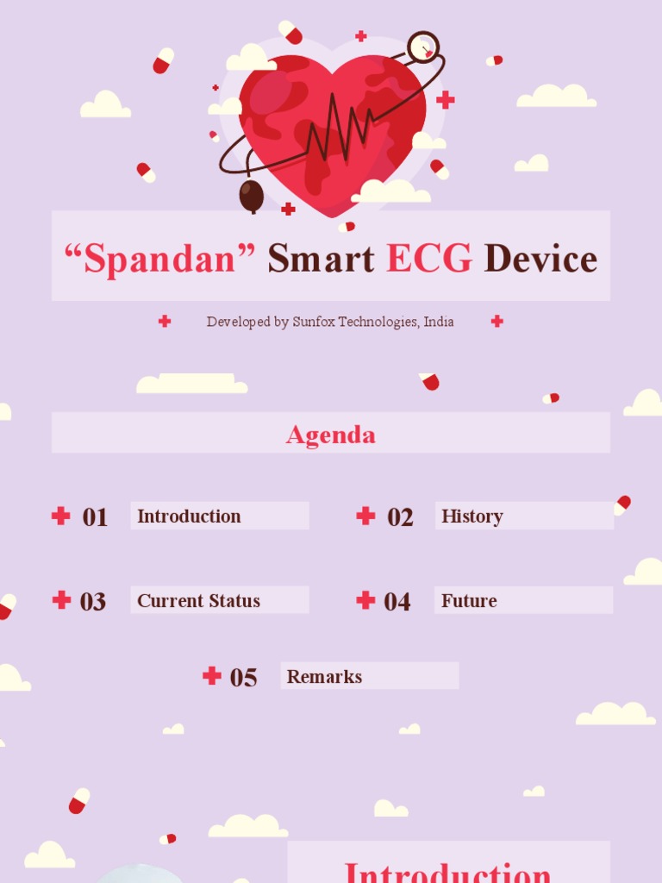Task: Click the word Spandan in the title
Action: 160,259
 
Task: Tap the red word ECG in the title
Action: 429,259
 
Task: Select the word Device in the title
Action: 540,259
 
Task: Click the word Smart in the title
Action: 321,259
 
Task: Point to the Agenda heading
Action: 331,434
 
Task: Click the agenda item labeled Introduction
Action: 189,517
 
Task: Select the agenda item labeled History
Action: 472,517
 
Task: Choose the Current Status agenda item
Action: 198,601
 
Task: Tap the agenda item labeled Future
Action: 469,601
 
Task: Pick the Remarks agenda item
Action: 324,677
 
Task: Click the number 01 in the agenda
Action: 95,517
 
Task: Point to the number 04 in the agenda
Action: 397,602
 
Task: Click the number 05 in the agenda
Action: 243,678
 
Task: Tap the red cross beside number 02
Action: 365,516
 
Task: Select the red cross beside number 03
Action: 61,600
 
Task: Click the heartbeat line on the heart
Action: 336,129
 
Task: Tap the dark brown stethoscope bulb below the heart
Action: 251,196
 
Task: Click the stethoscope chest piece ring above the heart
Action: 423,47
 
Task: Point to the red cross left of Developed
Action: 165,321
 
